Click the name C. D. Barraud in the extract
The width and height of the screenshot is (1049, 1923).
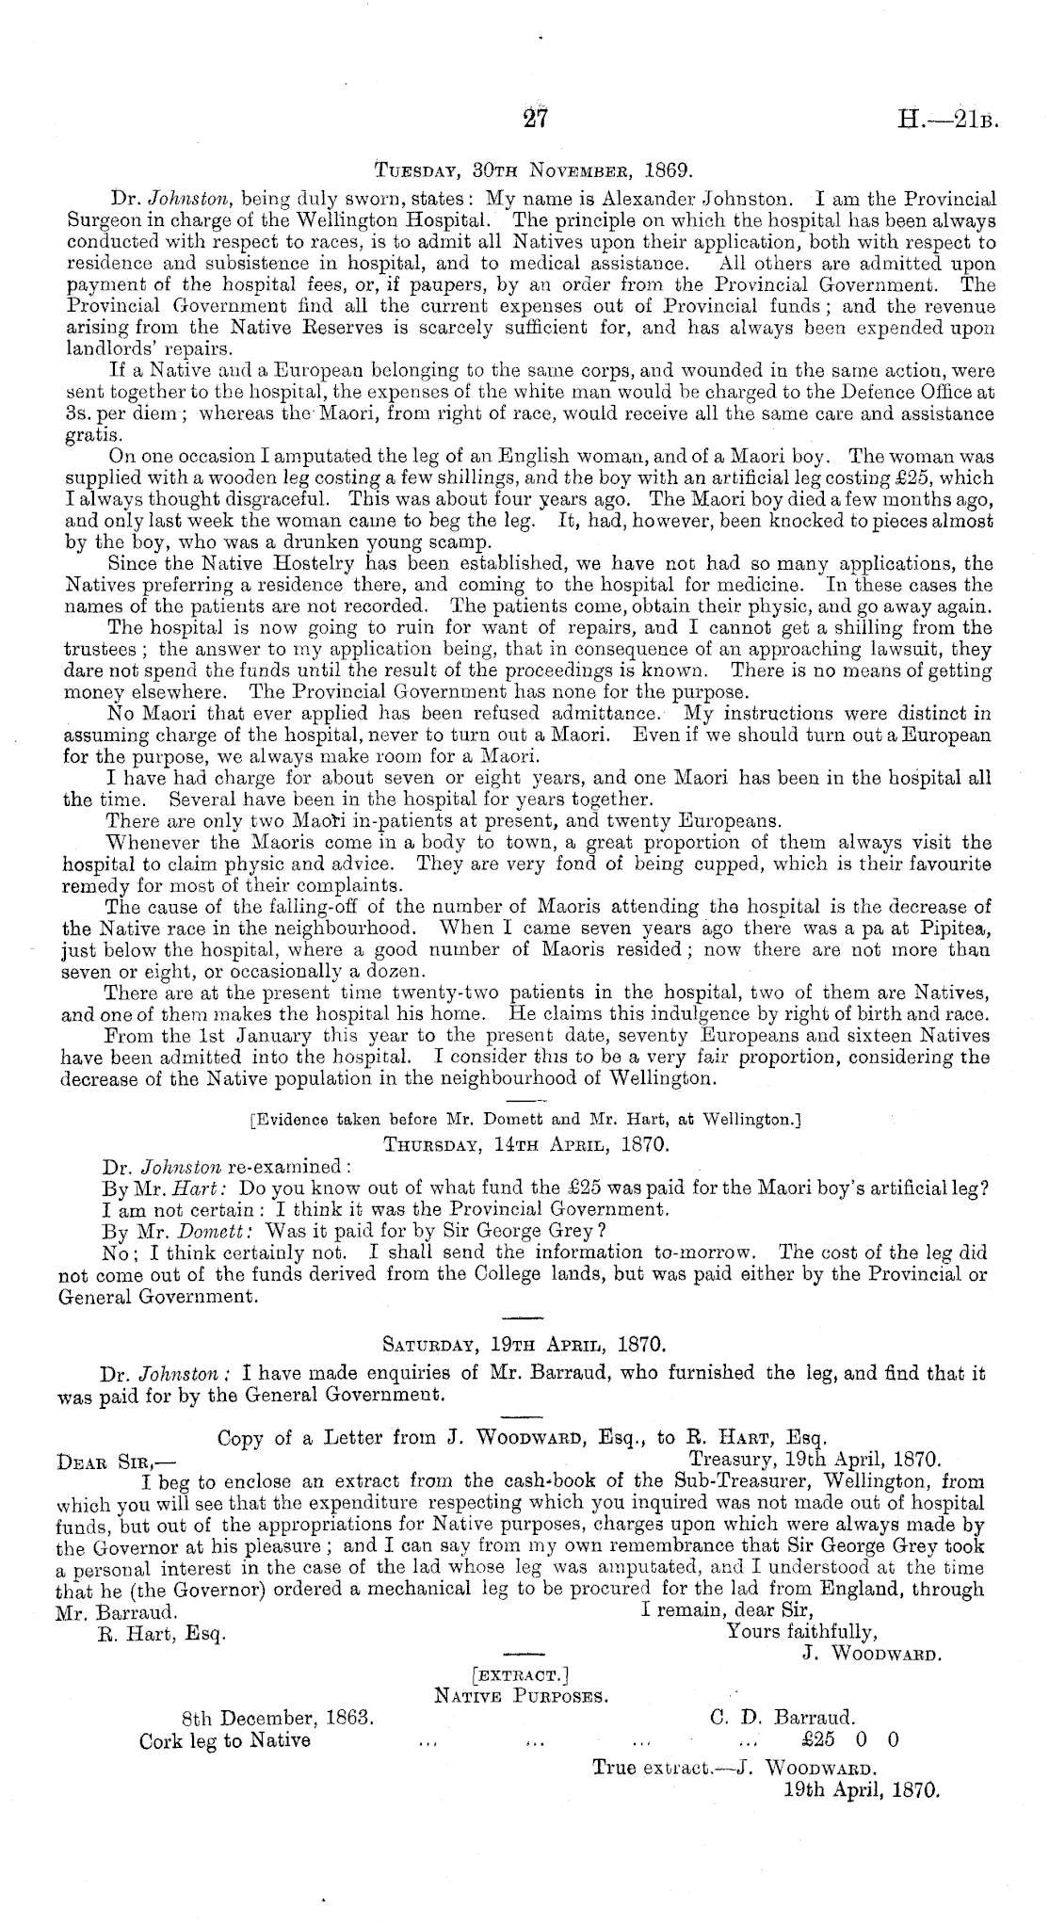[781, 1718]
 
